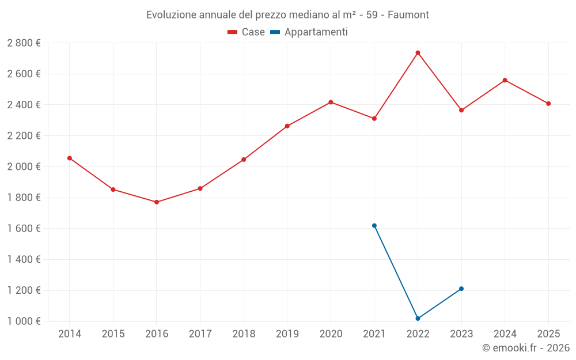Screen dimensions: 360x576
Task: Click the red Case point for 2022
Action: [418, 53]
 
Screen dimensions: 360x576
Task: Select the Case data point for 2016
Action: [157, 202]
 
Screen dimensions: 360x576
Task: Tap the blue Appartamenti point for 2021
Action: [374, 226]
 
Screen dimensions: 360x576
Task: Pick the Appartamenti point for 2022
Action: [418, 319]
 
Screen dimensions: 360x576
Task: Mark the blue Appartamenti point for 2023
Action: [461, 289]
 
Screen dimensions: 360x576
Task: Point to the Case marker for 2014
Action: [70, 158]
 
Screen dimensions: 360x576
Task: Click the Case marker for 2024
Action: [505, 80]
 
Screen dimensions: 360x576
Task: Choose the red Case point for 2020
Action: [331, 102]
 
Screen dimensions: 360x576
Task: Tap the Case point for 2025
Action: [548, 104]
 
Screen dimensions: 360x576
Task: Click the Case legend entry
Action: [247, 32]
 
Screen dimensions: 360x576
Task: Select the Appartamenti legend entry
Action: [309, 32]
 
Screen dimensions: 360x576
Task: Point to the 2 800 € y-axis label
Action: [24, 43]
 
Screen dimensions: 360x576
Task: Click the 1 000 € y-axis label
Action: [24, 321]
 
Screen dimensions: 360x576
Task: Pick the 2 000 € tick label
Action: [24, 167]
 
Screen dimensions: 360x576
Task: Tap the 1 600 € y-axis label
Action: [24, 229]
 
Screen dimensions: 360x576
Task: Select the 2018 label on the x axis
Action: [244, 334]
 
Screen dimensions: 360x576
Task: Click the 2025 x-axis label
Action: [548, 334]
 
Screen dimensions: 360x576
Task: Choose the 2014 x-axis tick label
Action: [70, 334]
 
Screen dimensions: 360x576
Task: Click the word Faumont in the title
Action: [408, 15]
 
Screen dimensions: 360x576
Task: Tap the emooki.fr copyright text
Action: [526, 348]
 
